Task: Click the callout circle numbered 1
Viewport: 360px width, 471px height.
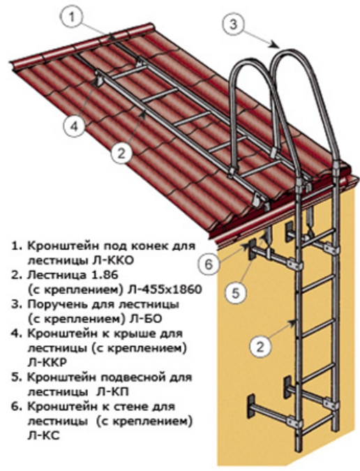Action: (x=71, y=17)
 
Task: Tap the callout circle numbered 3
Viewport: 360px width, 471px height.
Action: (x=233, y=24)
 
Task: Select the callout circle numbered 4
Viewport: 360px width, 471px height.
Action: (x=74, y=126)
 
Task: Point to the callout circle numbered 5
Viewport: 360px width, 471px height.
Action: (x=237, y=293)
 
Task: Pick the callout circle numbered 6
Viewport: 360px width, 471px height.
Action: (x=209, y=264)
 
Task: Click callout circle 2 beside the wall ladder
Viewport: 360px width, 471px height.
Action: (x=260, y=347)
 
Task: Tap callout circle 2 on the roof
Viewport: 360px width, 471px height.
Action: (x=121, y=154)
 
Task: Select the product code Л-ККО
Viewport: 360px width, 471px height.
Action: (x=112, y=260)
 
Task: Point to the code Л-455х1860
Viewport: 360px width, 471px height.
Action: (x=165, y=290)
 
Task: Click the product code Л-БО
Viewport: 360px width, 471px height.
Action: (x=145, y=319)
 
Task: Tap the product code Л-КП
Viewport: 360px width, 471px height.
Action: (x=112, y=392)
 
